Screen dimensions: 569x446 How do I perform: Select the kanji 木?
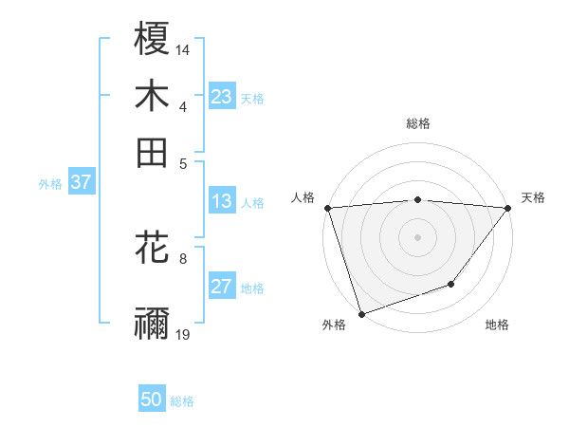tap(152, 98)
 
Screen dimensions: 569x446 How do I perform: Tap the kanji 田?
tap(152, 152)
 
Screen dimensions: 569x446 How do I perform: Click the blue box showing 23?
tap(221, 97)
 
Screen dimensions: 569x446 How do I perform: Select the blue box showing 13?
tap(221, 201)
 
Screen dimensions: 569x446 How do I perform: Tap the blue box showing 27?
tap(221, 287)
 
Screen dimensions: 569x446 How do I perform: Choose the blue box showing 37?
tap(81, 182)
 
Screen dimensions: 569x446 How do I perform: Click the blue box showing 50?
tap(152, 400)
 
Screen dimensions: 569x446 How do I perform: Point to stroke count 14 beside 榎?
tap(183, 48)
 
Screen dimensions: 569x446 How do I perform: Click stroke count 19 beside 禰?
tap(183, 334)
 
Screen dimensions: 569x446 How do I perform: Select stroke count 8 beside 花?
tap(183, 257)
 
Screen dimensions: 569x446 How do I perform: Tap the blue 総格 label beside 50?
tap(182, 401)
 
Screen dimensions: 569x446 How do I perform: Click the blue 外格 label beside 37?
tap(50, 184)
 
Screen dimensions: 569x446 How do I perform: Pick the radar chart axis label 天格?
tap(533, 197)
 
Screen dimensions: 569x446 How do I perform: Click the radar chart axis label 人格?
tap(303, 197)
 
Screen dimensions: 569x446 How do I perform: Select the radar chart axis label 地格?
tap(497, 325)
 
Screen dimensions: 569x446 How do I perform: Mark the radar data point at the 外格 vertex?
tap(362, 314)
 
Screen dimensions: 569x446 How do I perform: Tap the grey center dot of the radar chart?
tap(417, 236)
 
